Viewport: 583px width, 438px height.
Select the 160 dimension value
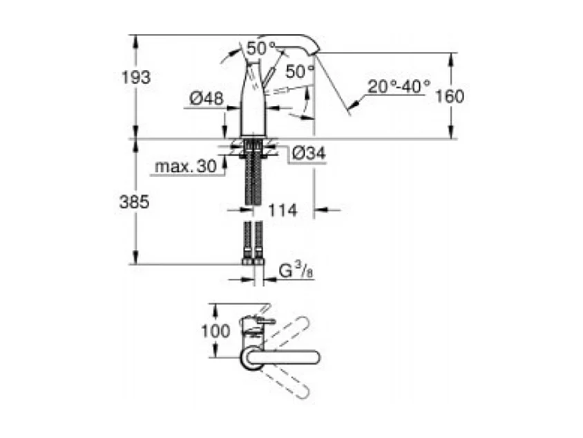[x=450, y=96]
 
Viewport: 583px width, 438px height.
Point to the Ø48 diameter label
[x=206, y=99]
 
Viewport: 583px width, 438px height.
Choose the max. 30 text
[x=184, y=167]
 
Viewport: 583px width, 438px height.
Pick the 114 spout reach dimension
[x=283, y=210]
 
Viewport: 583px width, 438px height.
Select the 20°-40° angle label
[x=399, y=86]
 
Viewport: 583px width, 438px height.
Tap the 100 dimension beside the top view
[x=216, y=331]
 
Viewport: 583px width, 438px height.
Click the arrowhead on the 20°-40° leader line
[x=352, y=106]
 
